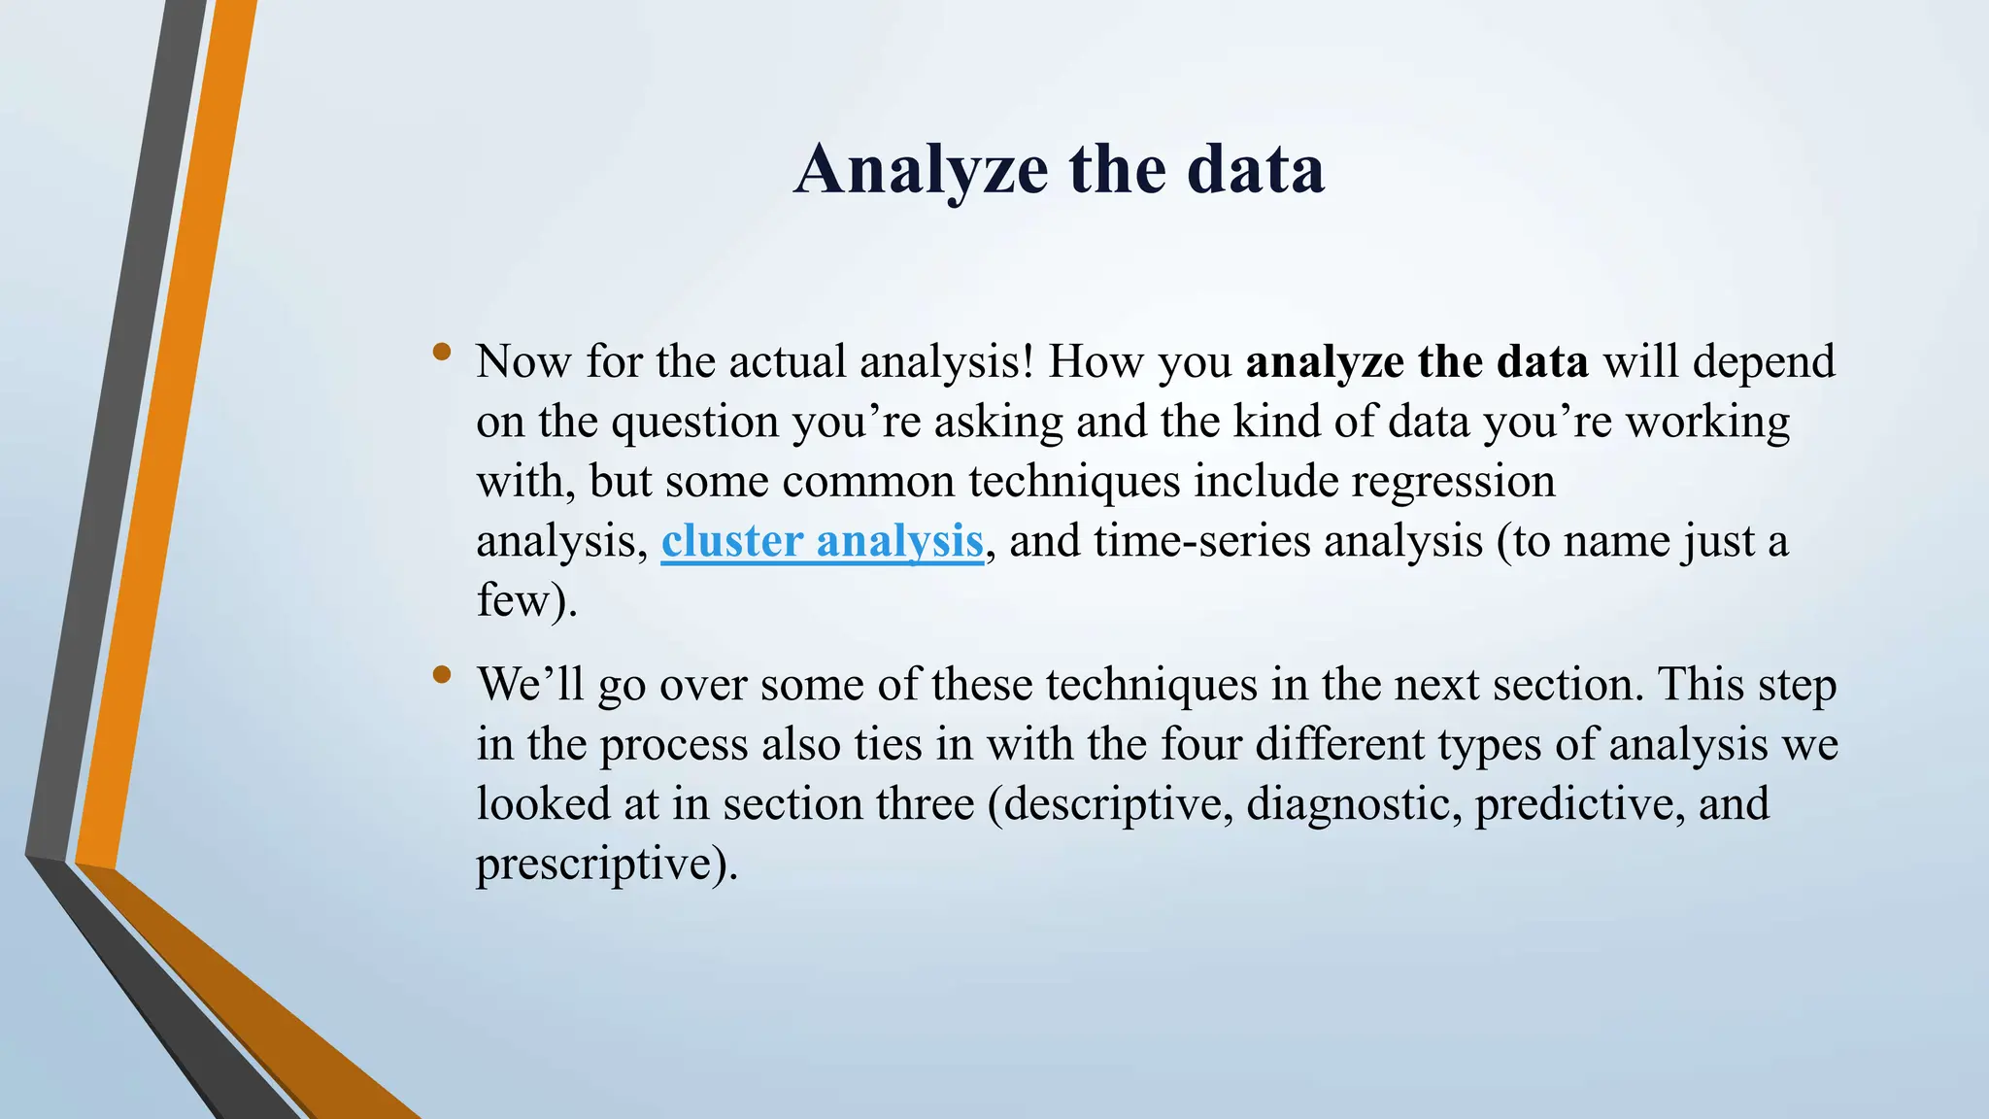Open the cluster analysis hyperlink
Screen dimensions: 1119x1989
coord(822,542)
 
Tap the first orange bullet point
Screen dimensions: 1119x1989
coord(443,353)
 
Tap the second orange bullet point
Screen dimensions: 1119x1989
coord(443,674)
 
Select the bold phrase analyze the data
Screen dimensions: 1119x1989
coord(1416,362)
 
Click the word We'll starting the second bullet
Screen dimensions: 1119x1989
coord(530,685)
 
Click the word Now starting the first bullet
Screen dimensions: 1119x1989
coord(523,362)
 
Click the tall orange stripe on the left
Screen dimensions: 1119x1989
coord(165,437)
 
